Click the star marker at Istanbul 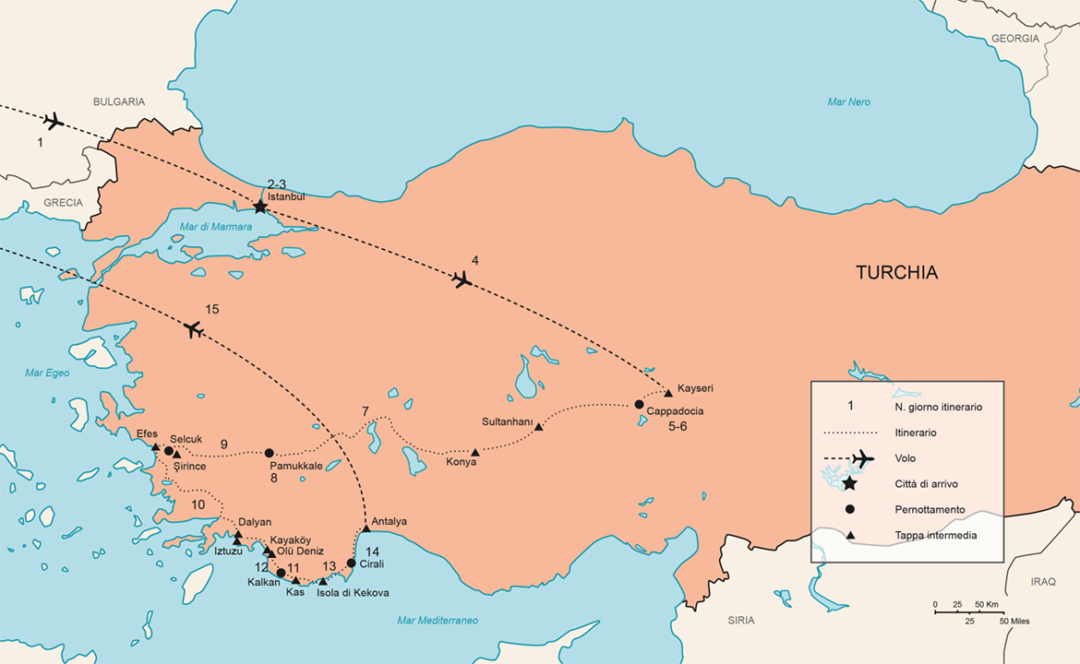(260, 207)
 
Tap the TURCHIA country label (895, 272)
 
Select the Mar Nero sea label (850, 101)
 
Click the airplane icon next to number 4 (463, 279)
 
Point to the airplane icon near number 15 (193, 328)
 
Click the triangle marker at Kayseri (668, 394)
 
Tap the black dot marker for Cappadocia (639, 404)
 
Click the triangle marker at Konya (474, 452)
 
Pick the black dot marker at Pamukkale (269, 453)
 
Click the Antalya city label (389, 521)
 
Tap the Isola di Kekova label (353, 592)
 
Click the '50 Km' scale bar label (985, 605)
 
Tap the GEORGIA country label (1014, 39)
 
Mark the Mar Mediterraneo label (437, 620)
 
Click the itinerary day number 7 (365, 410)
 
